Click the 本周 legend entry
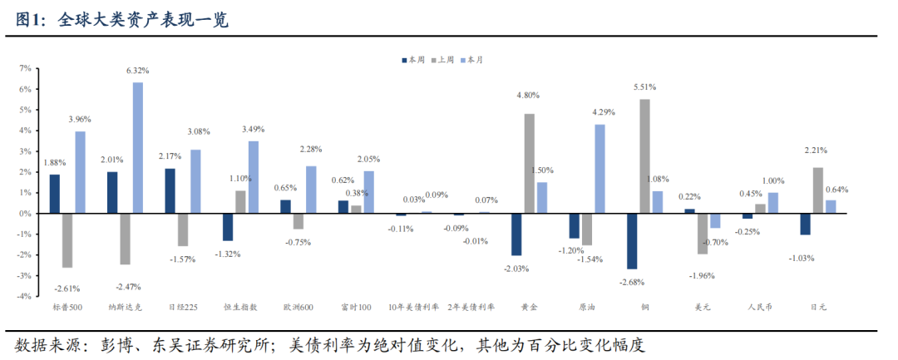[412, 60]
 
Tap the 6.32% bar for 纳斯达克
[138, 147]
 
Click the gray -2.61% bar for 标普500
[67, 240]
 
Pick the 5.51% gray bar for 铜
[644, 156]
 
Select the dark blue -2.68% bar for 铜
[632, 241]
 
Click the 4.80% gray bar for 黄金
[529, 163]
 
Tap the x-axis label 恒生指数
[240, 307]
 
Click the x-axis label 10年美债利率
[414, 307]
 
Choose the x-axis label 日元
[817, 307]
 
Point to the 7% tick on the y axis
[25, 68]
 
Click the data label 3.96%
[81, 120]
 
